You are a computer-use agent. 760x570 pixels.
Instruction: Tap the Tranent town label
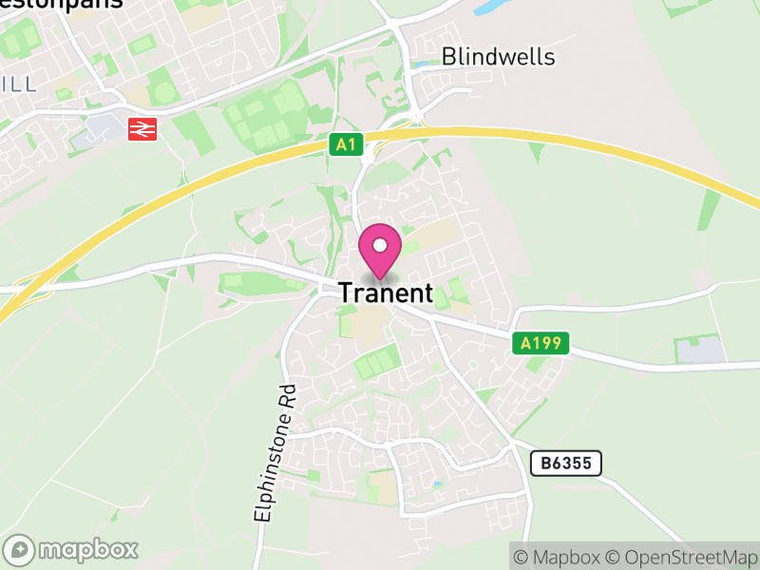tap(386, 294)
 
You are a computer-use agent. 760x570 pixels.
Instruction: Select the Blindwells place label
tap(498, 57)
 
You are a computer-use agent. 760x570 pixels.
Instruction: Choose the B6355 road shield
tap(566, 464)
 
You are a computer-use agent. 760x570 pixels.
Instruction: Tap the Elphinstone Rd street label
tap(276, 451)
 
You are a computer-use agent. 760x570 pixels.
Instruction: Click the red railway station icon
tap(142, 128)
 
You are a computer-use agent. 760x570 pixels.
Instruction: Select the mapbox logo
tap(72, 549)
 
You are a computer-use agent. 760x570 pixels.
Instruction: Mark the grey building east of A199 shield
tap(700, 350)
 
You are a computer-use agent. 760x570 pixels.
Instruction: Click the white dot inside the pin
tap(380, 246)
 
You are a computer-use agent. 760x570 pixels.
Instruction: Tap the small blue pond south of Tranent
tap(436, 484)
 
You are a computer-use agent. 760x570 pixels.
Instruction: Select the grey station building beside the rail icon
tap(104, 127)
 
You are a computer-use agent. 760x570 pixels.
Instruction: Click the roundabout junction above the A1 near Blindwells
tap(415, 116)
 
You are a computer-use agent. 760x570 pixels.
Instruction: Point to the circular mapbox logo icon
tap(20, 549)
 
